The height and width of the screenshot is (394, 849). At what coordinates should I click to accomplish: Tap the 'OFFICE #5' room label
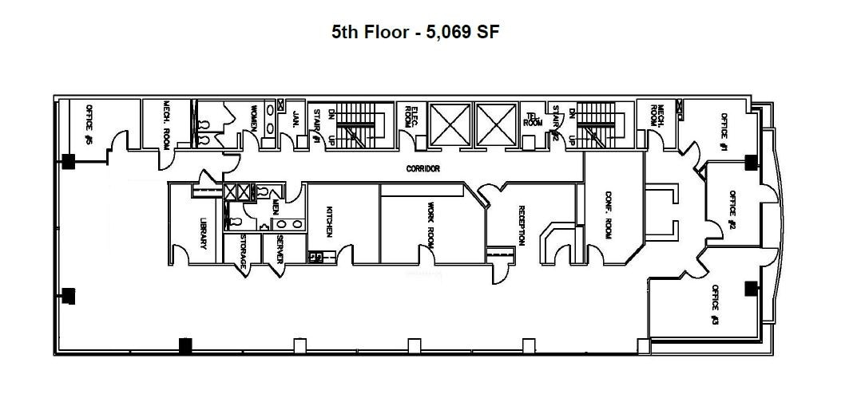[x=89, y=128]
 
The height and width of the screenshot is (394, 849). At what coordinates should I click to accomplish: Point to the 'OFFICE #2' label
[x=731, y=210]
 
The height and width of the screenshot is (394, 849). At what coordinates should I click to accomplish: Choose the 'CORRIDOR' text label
[x=423, y=169]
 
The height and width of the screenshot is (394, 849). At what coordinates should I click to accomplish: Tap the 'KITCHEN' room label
[x=327, y=221]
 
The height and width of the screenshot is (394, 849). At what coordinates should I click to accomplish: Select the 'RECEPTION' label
[x=521, y=226]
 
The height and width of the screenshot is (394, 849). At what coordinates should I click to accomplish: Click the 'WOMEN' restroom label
[x=255, y=118]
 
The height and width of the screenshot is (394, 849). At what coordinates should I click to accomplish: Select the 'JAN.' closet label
[x=295, y=120]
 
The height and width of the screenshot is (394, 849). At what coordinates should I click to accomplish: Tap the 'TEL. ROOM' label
[x=532, y=120]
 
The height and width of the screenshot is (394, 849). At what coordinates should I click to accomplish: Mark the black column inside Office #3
[x=750, y=289]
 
